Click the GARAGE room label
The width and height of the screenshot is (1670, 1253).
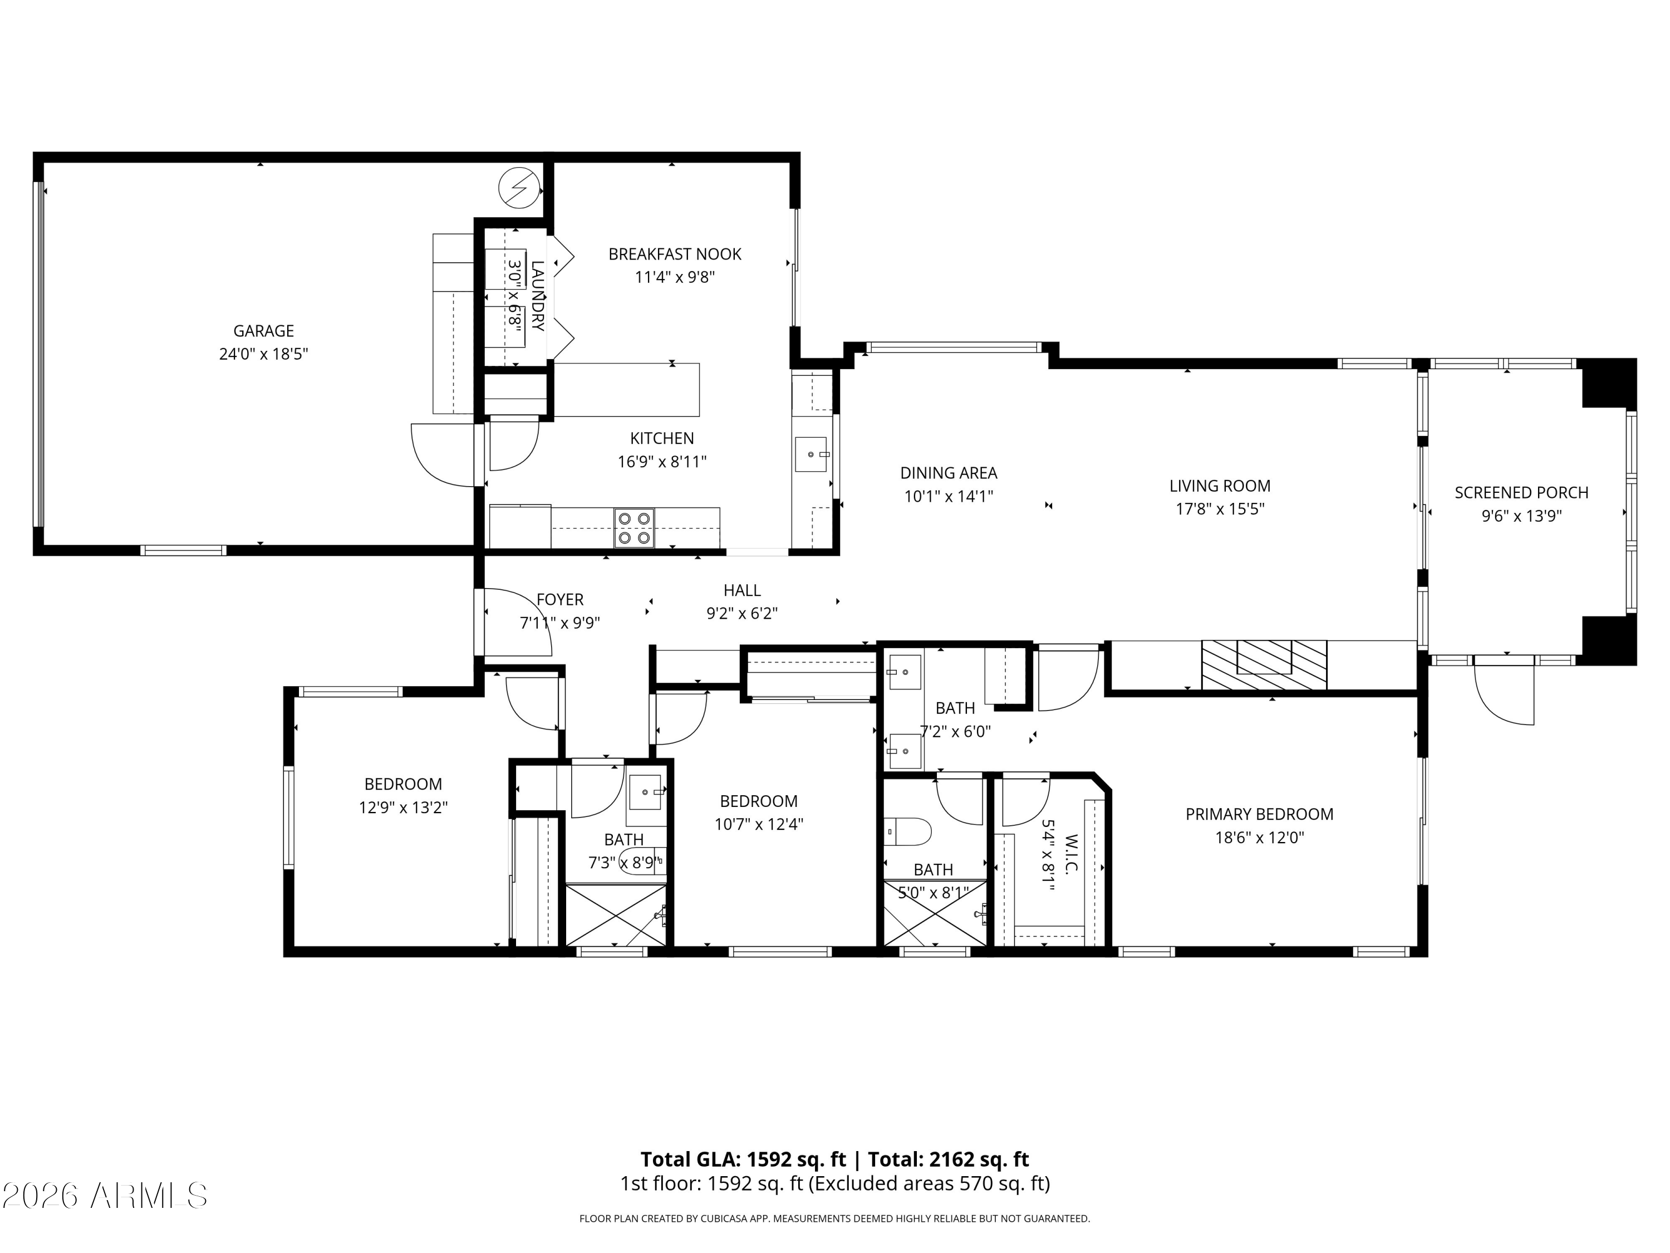(263, 331)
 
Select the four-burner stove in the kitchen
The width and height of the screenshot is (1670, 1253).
(633, 528)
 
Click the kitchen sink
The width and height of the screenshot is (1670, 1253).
(811, 454)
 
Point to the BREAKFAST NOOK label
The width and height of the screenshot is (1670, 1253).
(675, 254)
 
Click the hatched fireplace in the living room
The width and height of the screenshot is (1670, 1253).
(1264, 664)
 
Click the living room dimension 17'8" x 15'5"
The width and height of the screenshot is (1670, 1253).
(1220, 509)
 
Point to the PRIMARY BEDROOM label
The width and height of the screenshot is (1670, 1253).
(1259, 814)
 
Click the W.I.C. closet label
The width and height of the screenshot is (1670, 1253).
(1070, 854)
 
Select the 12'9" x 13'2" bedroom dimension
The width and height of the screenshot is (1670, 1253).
(403, 808)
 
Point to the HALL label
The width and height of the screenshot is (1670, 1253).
(742, 591)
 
